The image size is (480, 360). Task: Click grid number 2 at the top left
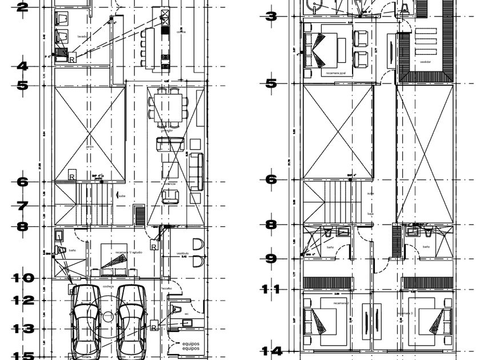(x=22, y=7)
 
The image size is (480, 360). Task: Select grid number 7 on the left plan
(x=22, y=205)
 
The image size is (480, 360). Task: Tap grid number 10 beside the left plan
(x=23, y=278)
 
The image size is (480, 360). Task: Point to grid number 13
(x=23, y=329)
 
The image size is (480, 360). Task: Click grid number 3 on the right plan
(x=271, y=16)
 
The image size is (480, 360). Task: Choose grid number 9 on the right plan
(x=271, y=258)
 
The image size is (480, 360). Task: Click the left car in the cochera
(x=86, y=321)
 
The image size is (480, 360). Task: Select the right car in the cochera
(x=131, y=321)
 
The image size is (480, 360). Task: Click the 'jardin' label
(x=89, y=146)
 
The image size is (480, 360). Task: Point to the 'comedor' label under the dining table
(x=166, y=130)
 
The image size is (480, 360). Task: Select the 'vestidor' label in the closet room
(x=425, y=62)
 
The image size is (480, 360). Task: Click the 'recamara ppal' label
(x=335, y=73)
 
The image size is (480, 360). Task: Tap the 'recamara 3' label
(x=405, y=313)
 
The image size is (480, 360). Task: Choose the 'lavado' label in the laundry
(x=82, y=37)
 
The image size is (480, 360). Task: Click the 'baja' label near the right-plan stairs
(x=370, y=214)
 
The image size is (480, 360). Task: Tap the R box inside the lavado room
(x=73, y=58)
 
